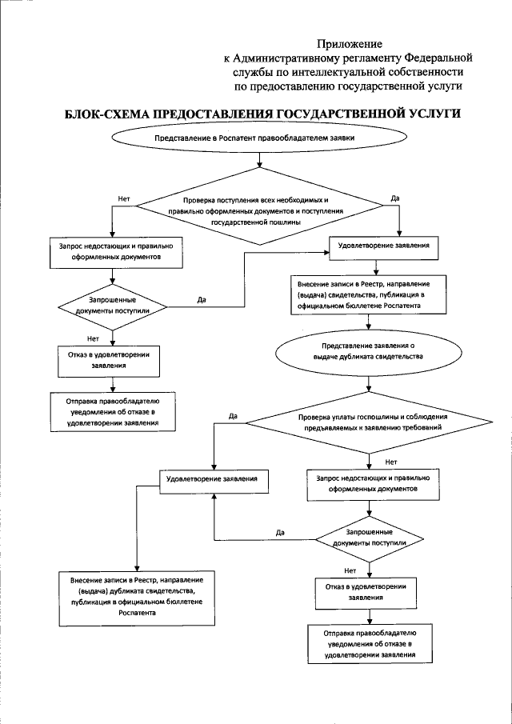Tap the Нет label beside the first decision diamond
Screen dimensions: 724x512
(123, 197)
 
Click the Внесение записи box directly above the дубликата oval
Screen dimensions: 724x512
(368, 294)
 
